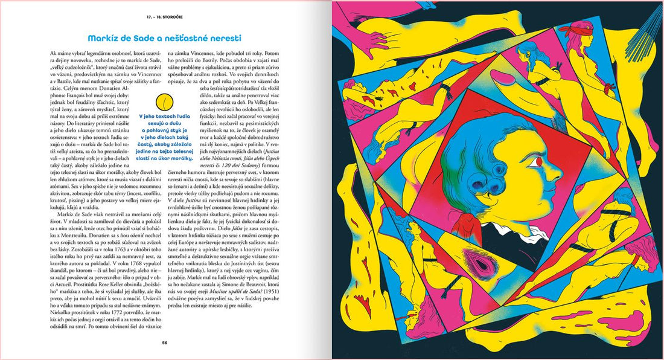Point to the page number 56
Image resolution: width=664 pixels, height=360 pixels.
pos(164,342)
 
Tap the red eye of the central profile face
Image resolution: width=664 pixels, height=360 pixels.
pos(536,162)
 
